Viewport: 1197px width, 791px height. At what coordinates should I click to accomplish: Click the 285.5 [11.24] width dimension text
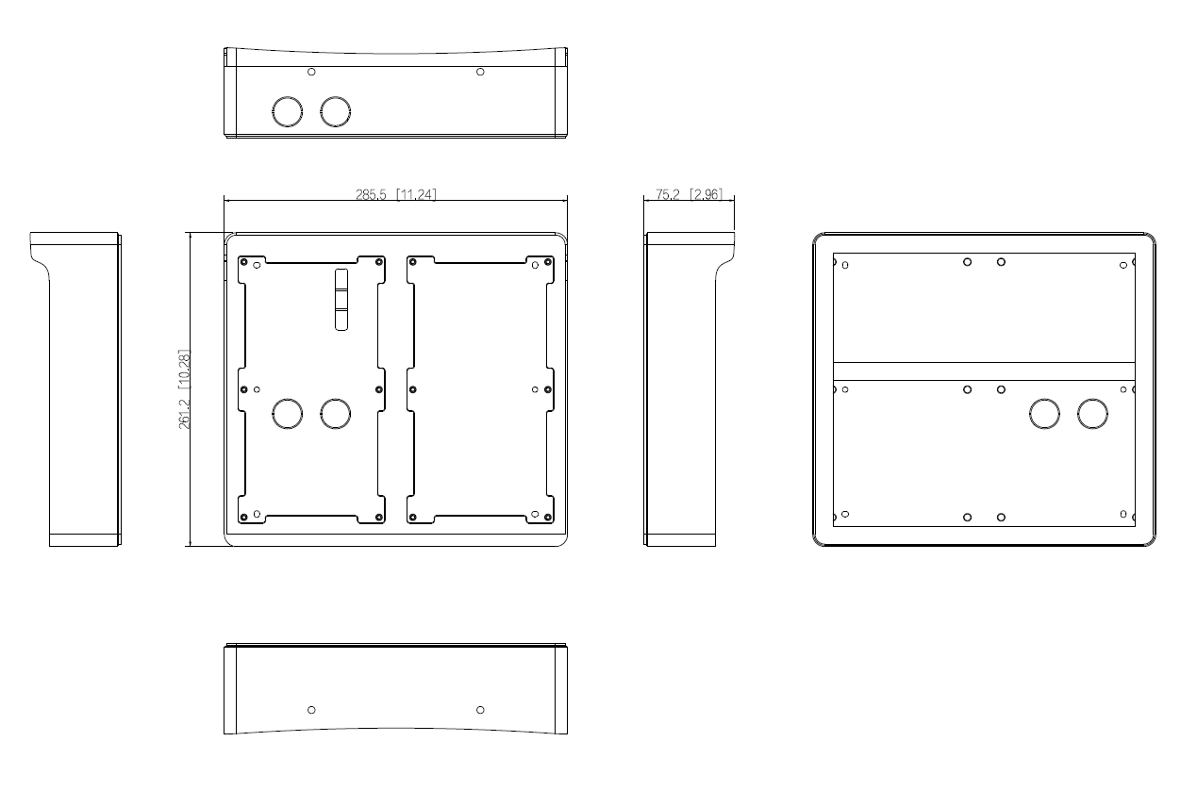(396, 194)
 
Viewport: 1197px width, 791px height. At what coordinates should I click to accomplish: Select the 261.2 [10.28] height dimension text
(185, 389)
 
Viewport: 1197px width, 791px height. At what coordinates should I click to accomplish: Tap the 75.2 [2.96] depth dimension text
(689, 194)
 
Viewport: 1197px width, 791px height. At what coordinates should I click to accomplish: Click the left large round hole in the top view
(287, 112)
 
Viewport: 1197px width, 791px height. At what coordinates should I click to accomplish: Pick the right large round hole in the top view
(335, 112)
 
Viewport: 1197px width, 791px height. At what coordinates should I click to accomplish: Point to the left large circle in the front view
(287, 413)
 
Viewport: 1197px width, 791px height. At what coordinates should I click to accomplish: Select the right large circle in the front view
(335, 413)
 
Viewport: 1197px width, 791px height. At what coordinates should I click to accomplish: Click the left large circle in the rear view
(1044, 414)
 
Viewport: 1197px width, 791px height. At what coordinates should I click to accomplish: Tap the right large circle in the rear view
(1092, 414)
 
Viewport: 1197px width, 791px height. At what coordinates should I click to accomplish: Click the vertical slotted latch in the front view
(341, 299)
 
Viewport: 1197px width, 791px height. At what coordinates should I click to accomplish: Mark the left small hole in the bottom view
(312, 709)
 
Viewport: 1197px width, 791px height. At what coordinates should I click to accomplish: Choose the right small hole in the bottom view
(480, 709)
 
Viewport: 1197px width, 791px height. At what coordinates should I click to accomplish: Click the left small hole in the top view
(312, 72)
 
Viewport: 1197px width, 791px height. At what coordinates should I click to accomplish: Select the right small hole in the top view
(480, 72)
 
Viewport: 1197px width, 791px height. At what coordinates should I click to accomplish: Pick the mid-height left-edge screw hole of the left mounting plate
(244, 389)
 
